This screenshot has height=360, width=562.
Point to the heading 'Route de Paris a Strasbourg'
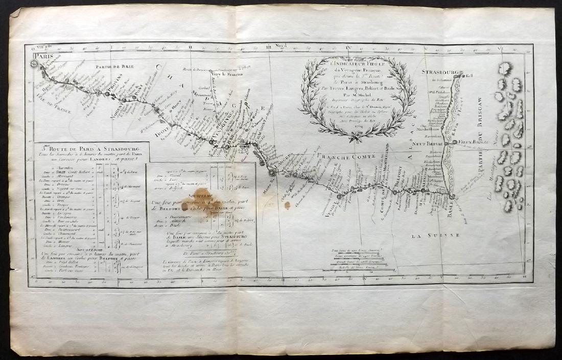coord(91,149)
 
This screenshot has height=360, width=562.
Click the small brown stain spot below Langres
coord(287,205)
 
